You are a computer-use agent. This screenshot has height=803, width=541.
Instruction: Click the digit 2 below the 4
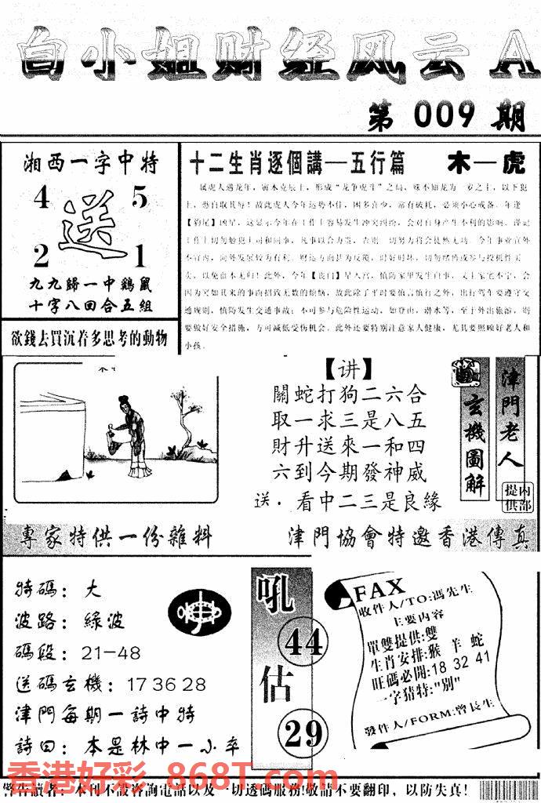click(x=40, y=255)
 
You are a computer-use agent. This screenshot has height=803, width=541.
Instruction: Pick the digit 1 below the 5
click(x=139, y=256)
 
